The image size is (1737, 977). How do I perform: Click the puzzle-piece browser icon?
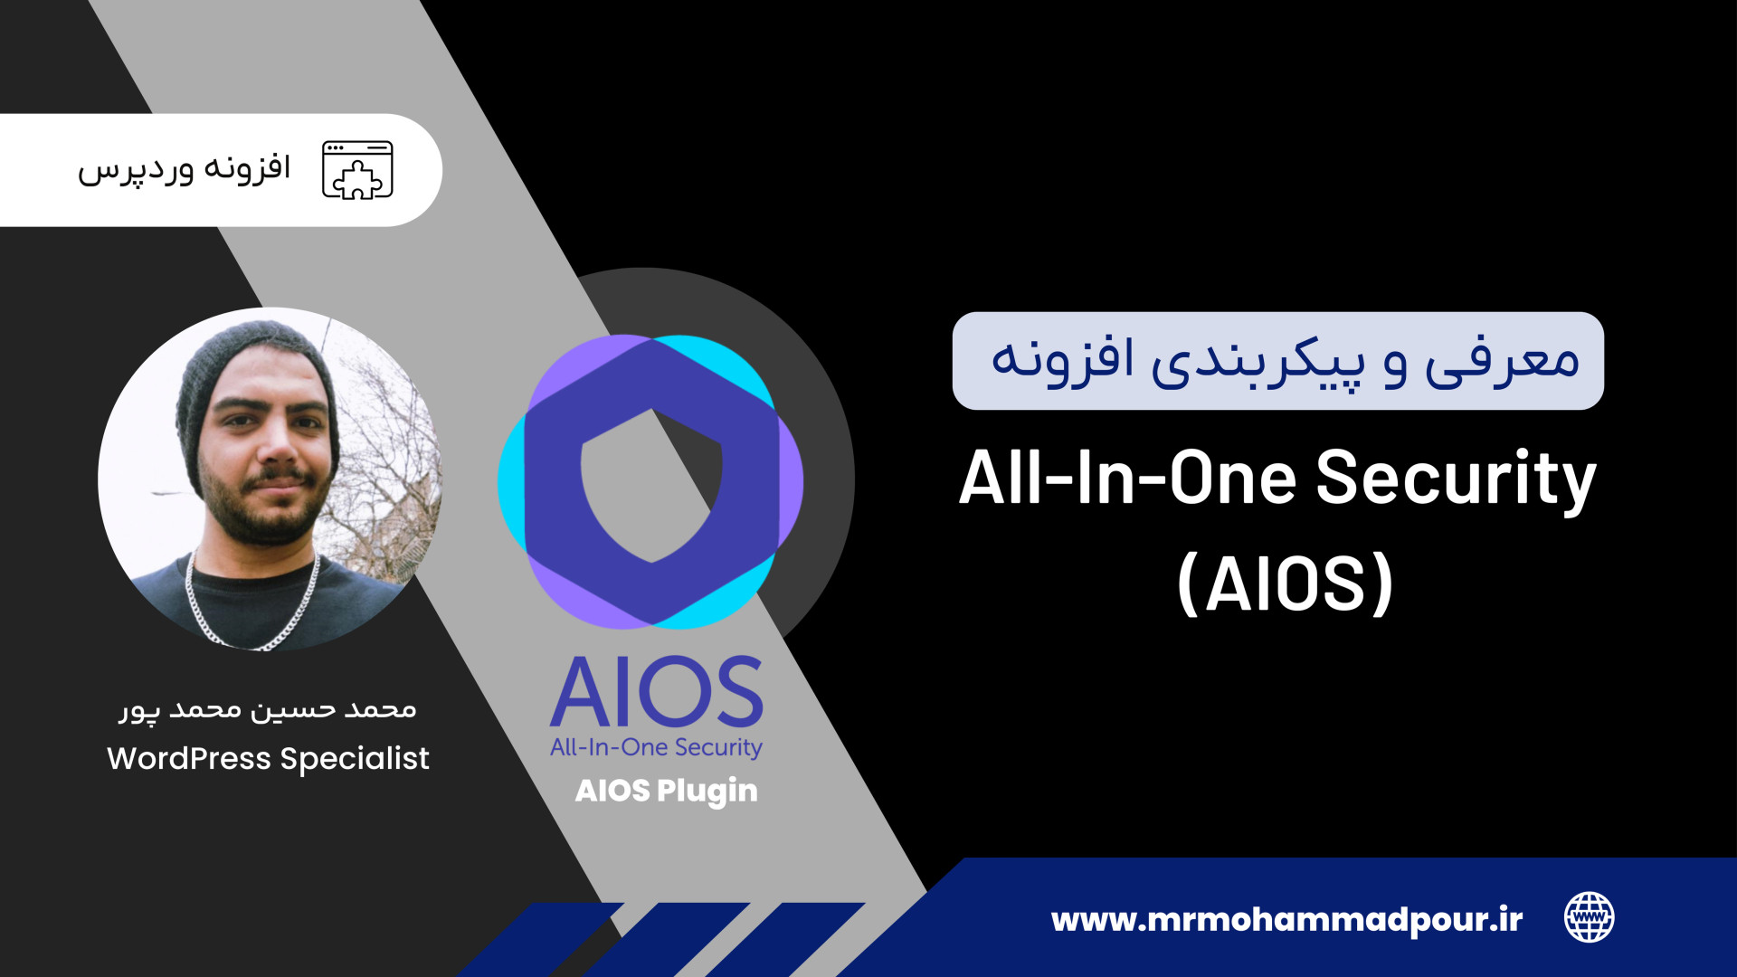point(357,170)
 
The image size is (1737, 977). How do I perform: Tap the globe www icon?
point(1590,917)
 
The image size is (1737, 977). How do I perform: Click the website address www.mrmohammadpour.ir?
point(1286,920)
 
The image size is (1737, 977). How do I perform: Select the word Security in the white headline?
point(1456,479)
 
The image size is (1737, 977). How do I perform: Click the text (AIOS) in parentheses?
point(1286,584)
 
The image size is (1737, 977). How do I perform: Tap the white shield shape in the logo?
point(651,486)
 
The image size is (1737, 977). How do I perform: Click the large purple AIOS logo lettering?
point(657,692)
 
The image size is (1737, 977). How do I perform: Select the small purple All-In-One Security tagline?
point(656,748)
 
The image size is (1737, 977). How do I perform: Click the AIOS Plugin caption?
point(667,792)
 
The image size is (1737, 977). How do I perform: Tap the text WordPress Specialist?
point(268,759)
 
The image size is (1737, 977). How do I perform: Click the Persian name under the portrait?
point(268,709)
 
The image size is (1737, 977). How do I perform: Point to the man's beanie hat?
point(257,380)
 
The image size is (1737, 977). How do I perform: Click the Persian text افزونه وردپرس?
point(184,169)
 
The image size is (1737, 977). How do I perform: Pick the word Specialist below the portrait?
point(355,759)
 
